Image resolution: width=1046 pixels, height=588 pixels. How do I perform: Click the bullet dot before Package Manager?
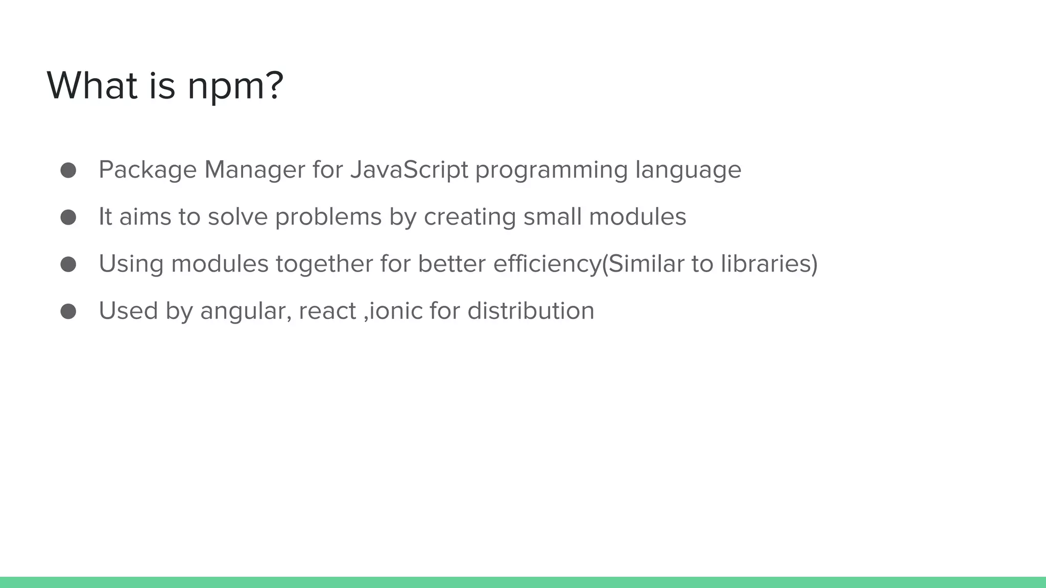coord(68,170)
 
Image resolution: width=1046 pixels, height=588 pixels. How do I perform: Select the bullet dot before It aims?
coord(68,217)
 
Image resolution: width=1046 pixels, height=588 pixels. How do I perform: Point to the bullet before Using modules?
coord(68,264)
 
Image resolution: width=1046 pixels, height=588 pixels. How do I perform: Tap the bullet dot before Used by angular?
coord(68,311)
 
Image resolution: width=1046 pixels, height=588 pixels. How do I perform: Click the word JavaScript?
coord(409,169)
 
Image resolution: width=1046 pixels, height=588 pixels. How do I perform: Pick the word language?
coord(688,170)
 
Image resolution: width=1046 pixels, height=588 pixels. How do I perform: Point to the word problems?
coord(328,217)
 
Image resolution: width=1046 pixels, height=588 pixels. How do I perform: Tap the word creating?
coord(470,217)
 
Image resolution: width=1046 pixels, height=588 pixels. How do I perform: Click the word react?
coord(327,311)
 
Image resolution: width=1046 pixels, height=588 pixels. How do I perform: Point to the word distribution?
coord(531,310)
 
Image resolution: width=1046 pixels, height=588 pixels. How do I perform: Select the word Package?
coord(148,170)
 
